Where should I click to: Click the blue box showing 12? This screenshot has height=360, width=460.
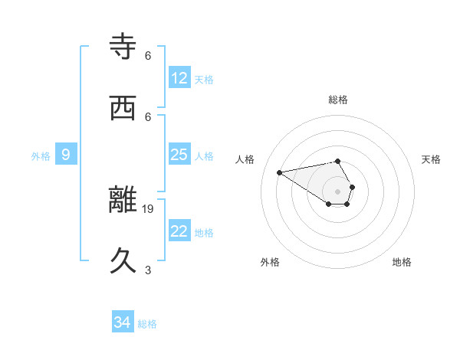pyautogui.click(x=179, y=78)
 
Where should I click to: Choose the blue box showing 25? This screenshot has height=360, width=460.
pyautogui.click(x=179, y=155)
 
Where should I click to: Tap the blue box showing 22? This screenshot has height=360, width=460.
pyautogui.click(x=179, y=231)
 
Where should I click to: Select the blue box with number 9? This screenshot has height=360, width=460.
pyautogui.click(x=66, y=155)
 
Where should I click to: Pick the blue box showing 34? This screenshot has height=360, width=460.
pyautogui.click(x=123, y=322)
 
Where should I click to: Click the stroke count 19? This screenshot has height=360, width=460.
pyautogui.click(x=149, y=208)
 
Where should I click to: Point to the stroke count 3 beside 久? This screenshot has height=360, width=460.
pyautogui.click(x=148, y=270)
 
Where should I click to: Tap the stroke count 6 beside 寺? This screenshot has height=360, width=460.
pyautogui.click(x=148, y=55)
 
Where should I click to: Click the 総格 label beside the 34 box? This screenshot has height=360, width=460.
pyautogui.click(x=147, y=324)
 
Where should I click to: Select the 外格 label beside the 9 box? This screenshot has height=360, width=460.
pyautogui.click(x=41, y=155)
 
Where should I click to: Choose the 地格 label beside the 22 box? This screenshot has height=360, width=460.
pyautogui.click(x=204, y=232)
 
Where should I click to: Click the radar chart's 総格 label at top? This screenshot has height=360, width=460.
pyautogui.click(x=338, y=100)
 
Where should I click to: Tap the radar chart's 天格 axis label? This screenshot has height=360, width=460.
pyautogui.click(x=432, y=159)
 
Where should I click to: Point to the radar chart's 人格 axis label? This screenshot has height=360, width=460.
pyautogui.click(x=245, y=159)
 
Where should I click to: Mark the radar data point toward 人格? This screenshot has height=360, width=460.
pyautogui.click(x=280, y=172)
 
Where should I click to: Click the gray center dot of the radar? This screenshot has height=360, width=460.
pyautogui.click(x=338, y=191)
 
